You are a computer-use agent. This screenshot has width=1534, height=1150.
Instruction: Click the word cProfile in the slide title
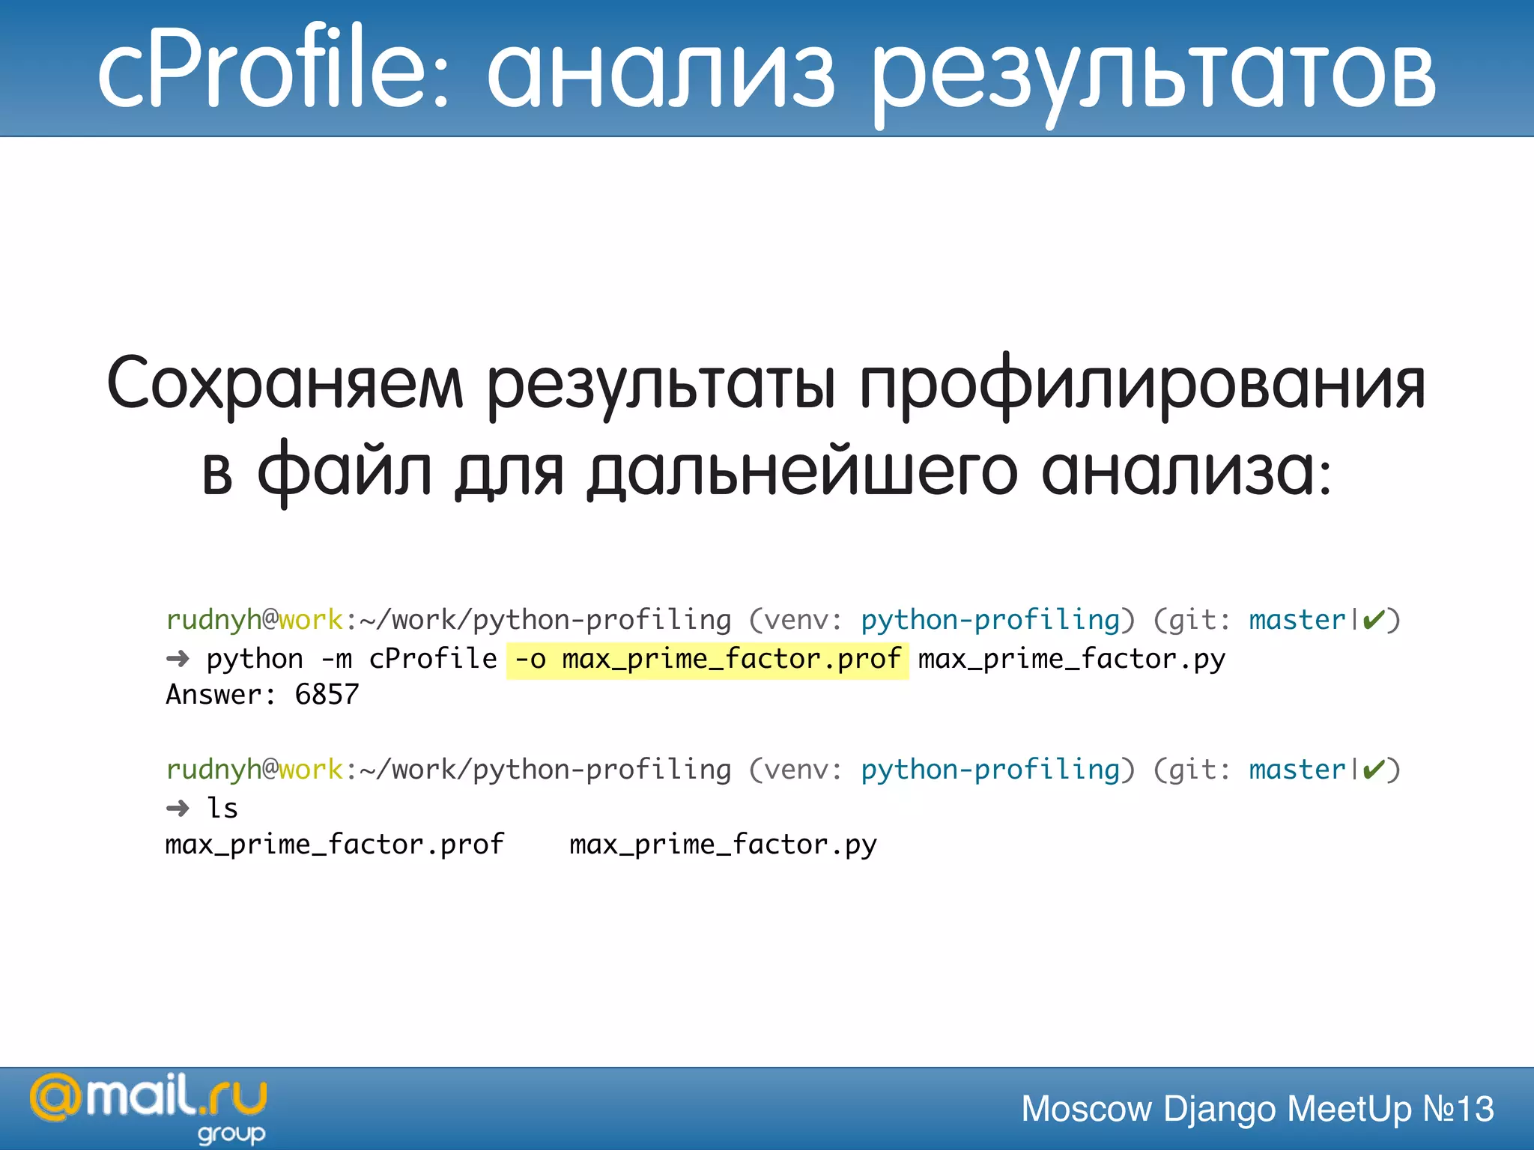tap(273, 69)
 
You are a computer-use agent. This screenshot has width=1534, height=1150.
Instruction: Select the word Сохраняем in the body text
tap(285, 383)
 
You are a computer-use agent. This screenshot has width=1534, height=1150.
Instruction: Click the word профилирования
tap(1142, 383)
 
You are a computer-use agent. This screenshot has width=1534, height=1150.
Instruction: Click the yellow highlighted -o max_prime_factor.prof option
tap(707, 660)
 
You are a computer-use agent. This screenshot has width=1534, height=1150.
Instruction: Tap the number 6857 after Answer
tap(327, 695)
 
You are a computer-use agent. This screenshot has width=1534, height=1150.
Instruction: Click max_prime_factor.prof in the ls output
tap(334, 845)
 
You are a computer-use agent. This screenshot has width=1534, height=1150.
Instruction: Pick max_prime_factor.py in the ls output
tap(723, 845)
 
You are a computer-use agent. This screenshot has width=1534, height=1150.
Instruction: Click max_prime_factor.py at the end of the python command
tap(1071, 660)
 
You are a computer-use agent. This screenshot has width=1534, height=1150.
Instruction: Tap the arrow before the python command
tap(178, 659)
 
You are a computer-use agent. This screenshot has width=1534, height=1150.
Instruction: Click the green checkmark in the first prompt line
tap(1373, 620)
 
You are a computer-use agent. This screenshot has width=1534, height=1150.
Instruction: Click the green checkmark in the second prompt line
tap(1373, 770)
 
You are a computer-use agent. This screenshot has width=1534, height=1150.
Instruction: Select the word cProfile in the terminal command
tap(432, 660)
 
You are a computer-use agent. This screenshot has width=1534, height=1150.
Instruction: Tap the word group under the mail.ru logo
tap(231, 1134)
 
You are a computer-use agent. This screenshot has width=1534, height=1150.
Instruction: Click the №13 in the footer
tap(1458, 1109)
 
